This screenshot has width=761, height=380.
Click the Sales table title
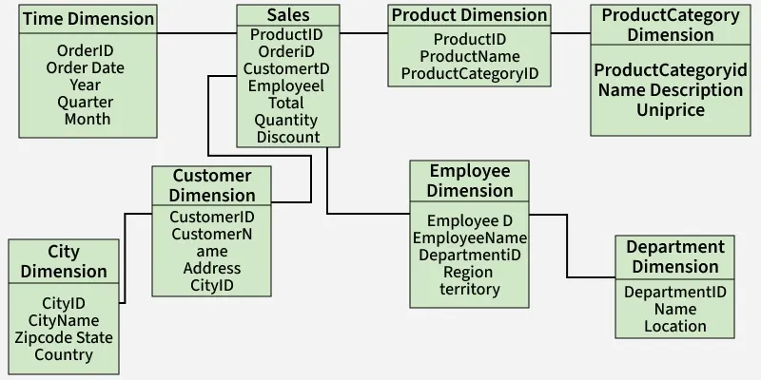coord(287,15)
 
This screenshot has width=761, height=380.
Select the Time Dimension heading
coord(88,18)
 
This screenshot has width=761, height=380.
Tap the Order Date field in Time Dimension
coord(85,67)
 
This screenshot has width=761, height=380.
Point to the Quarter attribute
coord(85,102)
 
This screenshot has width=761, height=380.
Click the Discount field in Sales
coord(287,137)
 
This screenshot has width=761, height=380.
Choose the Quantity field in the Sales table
coord(287,120)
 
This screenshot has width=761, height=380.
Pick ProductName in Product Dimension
coord(469,56)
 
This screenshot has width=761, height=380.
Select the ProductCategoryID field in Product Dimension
coord(469,73)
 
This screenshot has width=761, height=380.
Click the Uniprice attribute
coord(671,110)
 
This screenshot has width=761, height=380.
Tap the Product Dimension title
coord(469,15)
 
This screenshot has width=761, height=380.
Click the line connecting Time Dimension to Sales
coord(196,33)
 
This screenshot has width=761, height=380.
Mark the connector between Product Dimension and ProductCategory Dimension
coord(571,33)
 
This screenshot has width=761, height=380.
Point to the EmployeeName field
coord(470,237)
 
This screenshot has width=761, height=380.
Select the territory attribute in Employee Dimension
coord(470,289)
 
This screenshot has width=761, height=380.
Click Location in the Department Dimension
coord(674,326)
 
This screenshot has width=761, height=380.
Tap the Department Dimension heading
coord(674,256)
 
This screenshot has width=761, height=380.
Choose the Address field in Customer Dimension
coord(211,268)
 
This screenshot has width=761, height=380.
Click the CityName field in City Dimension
coord(64,320)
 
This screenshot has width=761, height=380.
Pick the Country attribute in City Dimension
coord(64,354)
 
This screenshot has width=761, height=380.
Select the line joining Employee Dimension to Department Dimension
coord(567,247)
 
